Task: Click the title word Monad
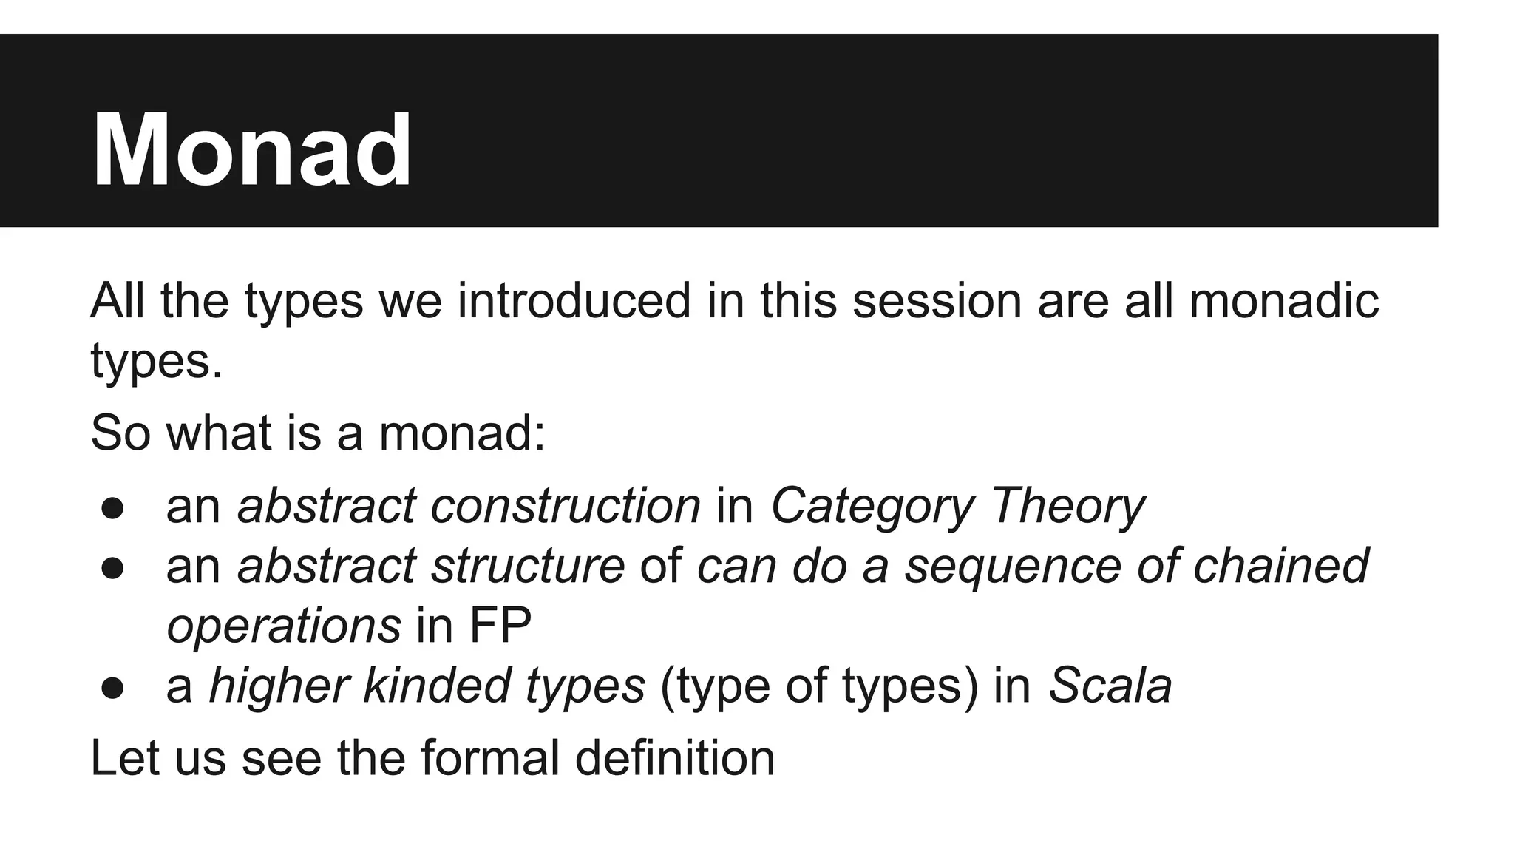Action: click(x=251, y=151)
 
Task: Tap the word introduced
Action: click(x=574, y=301)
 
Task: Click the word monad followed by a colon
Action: click(x=461, y=433)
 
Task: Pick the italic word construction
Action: click(x=566, y=507)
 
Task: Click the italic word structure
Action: click(x=528, y=567)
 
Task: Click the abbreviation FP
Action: click(x=500, y=626)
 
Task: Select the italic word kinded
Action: click(x=436, y=686)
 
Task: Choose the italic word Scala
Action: click(x=1110, y=686)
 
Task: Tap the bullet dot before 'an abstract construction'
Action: click(x=112, y=510)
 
